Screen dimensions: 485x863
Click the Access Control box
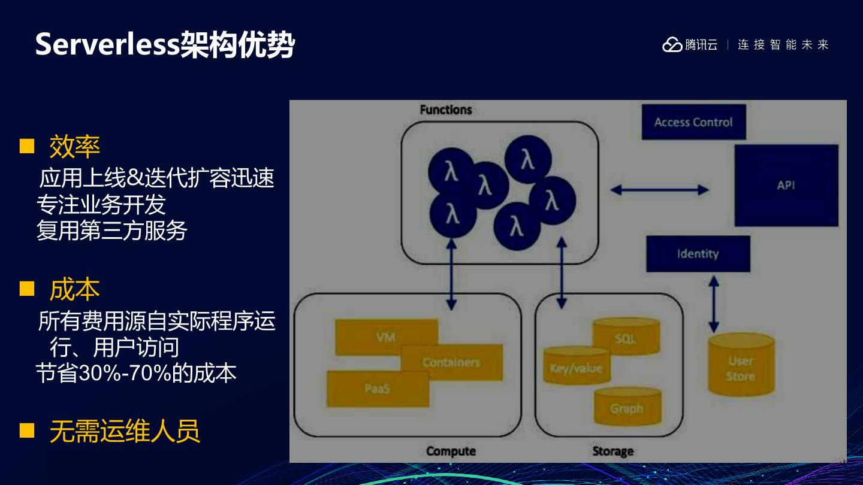(693, 122)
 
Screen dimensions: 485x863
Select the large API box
(786, 186)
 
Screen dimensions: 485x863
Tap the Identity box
(698, 254)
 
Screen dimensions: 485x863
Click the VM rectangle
(386, 337)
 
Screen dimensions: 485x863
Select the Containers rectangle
(451, 362)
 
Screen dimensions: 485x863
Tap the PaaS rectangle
(378, 389)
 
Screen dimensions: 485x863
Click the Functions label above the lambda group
(446, 110)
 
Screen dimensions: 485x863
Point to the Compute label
(451, 451)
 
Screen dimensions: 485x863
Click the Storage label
(612, 451)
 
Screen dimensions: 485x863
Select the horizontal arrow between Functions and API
(659, 190)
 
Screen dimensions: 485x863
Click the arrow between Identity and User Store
(713, 304)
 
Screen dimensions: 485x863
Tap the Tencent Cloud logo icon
(672, 45)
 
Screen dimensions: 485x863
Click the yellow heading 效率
(74, 147)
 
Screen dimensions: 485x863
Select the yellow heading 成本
(74, 290)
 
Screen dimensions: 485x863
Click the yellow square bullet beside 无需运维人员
(27, 431)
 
